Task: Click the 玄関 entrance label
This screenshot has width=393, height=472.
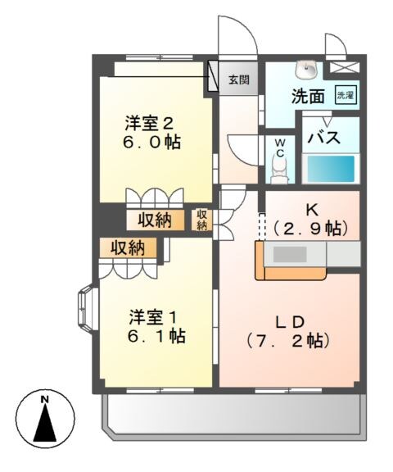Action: [238, 80]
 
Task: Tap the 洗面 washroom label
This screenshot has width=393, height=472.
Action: [308, 96]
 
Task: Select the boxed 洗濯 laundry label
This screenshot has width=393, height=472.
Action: [346, 94]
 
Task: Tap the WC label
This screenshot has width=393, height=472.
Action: [279, 147]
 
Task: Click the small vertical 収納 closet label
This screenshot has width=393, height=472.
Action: [201, 219]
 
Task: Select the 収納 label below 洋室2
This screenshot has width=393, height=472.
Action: [154, 220]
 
